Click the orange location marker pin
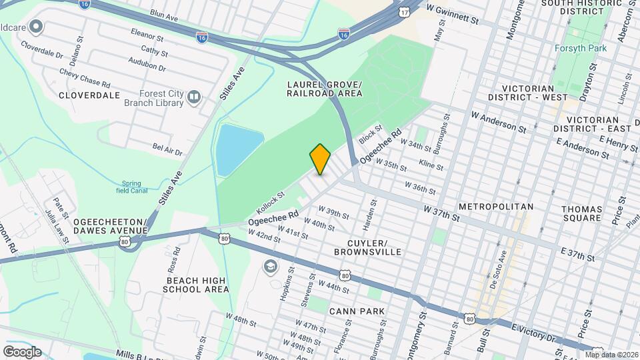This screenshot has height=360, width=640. click(x=320, y=159)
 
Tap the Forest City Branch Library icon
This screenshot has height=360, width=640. click(x=194, y=98)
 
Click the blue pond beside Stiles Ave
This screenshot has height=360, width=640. click(x=238, y=147)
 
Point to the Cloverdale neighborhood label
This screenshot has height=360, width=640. click(x=89, y=95)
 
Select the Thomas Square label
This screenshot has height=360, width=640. click(x=581, y=213)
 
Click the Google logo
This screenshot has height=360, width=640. click(x=22, y=351)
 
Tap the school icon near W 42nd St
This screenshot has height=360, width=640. click(x=270, y=267)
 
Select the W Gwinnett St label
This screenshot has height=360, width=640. click(x=453, y=13)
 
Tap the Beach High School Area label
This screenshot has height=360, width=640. click(x=197, y=285)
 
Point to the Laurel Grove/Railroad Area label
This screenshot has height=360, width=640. click(x=325, y=89)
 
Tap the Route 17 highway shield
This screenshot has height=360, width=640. click(x=405, y=13)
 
